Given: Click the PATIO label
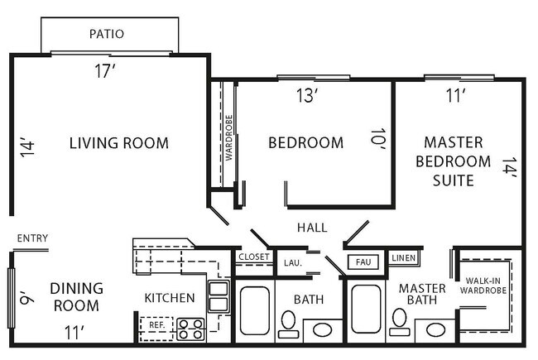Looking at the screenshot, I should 107,34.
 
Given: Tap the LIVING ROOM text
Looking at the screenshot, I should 118,143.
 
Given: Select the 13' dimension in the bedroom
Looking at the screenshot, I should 306,95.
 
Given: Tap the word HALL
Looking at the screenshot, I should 311,227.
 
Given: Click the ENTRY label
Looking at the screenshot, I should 32,239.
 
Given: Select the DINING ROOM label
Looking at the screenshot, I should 76,297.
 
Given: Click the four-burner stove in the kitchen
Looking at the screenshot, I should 191,329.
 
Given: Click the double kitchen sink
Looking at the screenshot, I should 219,296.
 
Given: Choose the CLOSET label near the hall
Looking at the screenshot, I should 253,257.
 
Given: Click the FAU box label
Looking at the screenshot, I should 363,262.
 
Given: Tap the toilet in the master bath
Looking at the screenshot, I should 398,321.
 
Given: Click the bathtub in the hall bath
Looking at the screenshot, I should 254,310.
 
